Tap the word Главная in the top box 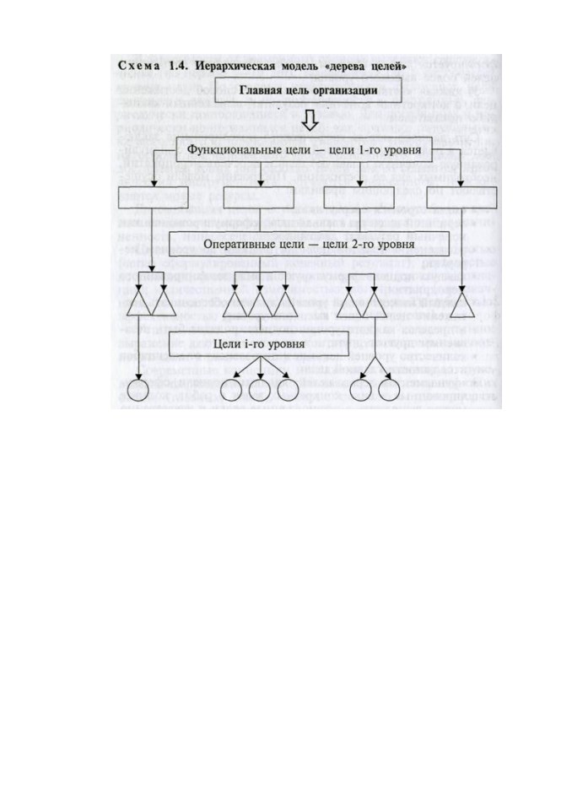[x=259, y=90]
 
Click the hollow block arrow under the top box [x=310, y=120]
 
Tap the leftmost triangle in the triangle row [x=138, y=305]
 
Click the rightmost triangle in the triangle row [x=462, y=305]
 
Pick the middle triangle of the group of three [x=260, y=305]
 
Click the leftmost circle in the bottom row [x=138, y=391]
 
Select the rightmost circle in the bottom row [x=389, y=391]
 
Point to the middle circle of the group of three [x=260, y=391]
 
